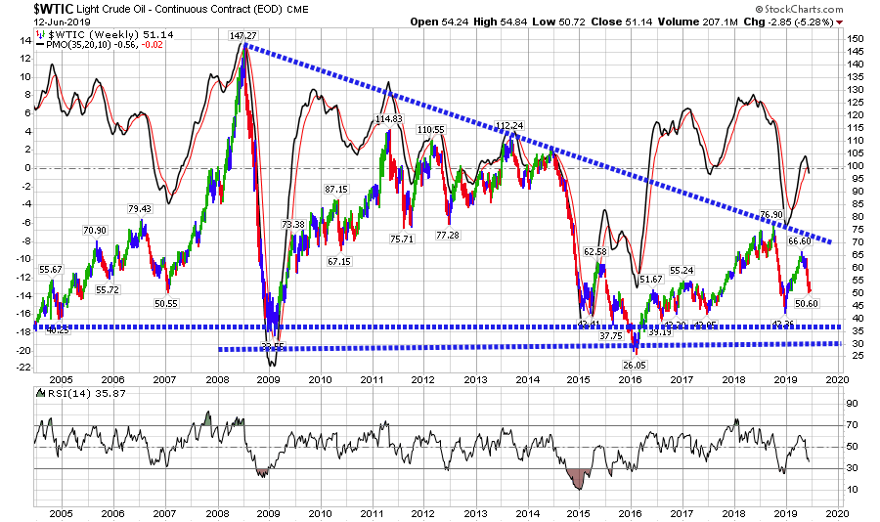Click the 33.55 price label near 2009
273,346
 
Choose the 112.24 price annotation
509,125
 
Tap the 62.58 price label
596,251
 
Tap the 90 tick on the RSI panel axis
852,403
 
